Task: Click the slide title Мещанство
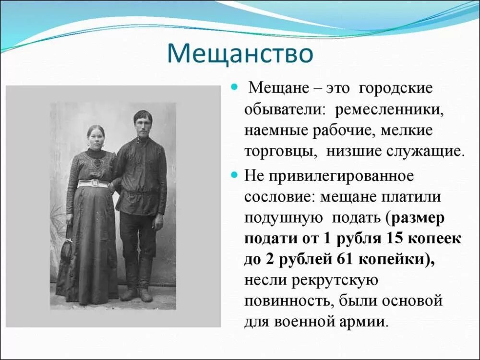240,54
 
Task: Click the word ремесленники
389,109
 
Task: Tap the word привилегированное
341,177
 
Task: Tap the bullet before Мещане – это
235,87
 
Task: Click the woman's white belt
93,184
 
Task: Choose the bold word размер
419,218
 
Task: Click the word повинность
287,301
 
